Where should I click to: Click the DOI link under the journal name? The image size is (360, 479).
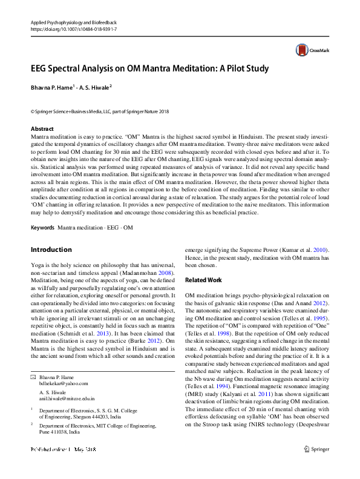(x=73, y=29)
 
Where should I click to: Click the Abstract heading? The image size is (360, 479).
(x=42, y=129)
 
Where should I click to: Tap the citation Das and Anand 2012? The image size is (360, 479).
(x=308, y=302)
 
